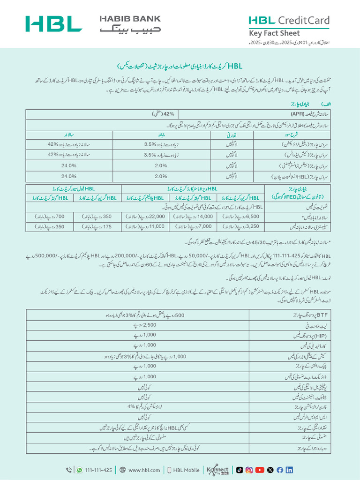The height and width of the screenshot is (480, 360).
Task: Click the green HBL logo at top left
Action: click(54, 24)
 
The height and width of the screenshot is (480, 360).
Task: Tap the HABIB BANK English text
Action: click(130, 19)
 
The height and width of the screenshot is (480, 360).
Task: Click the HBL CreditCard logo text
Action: click(289, 20)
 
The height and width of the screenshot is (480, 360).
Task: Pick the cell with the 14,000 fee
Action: click(193, 217)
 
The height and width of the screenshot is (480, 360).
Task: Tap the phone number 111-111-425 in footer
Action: click(98, 470)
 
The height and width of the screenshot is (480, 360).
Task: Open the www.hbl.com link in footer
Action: click(144, 470)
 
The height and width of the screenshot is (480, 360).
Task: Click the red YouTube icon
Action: click(260, 470)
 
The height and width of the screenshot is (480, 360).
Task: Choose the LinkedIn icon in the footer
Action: click(289, 470)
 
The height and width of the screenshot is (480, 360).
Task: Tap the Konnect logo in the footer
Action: click(218, 470)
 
